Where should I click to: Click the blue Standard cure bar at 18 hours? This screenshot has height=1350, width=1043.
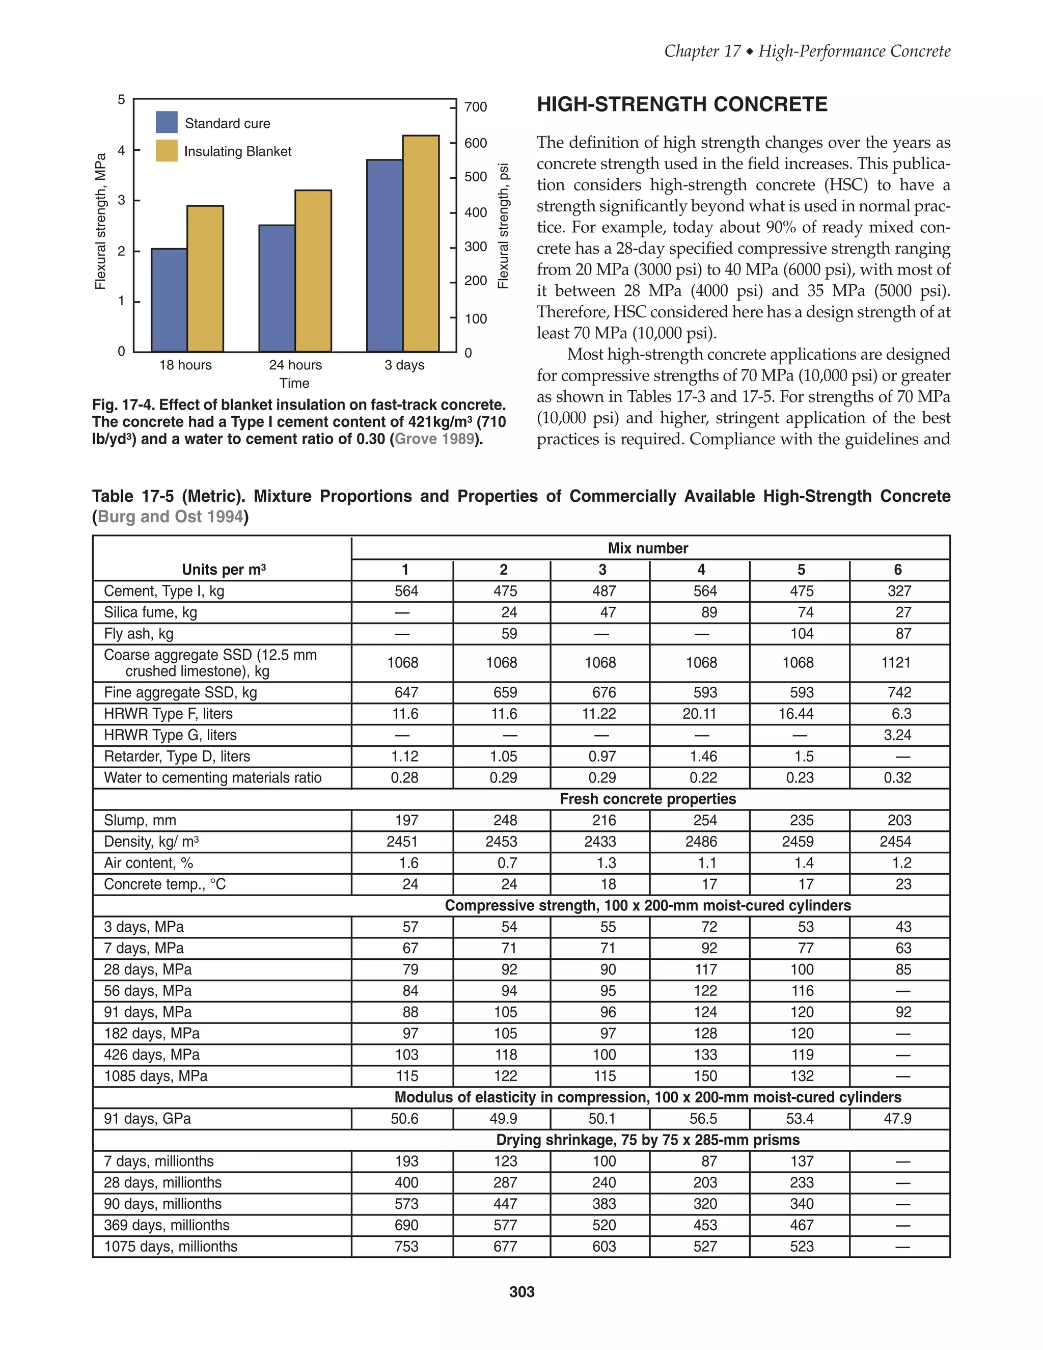(x=169, y=301)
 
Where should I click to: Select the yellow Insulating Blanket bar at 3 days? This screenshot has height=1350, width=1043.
(x=421, y=244)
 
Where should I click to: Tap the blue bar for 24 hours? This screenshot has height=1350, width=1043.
(x=277, y=289)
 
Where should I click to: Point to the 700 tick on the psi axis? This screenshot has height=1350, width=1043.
(x=476, y=107)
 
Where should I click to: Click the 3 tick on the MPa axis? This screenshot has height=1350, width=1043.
(x=122, y=200)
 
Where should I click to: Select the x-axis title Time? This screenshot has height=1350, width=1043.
(x=294, y=383)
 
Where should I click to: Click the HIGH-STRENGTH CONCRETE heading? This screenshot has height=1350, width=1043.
(x=681, y=104)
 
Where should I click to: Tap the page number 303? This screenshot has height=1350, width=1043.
(x=521, y=1292)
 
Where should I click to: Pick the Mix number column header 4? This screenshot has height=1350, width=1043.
(x=701, y=570)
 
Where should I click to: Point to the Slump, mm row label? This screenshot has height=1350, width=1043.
(x=140, y=820)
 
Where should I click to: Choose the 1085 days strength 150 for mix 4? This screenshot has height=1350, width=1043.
(x=704, y=1076)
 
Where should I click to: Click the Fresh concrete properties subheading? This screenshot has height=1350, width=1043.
(x=648, y=799)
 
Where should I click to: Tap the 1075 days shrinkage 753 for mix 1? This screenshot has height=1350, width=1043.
(x=406, y=1247)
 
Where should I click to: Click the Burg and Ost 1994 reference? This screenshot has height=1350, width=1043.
(x=170, y=517)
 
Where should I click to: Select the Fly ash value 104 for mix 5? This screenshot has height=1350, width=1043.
(x=802, y=634)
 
